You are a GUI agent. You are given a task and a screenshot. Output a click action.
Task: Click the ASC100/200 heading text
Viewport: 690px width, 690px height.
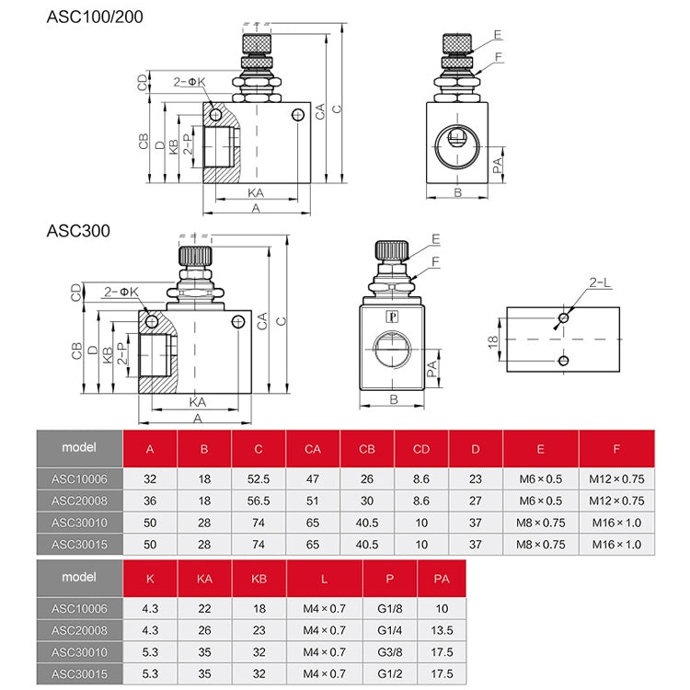[95, 17]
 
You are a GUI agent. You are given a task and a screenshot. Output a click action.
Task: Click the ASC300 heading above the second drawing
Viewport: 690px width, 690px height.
[78, 231]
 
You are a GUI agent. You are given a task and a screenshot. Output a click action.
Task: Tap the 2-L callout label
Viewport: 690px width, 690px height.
[600, 282]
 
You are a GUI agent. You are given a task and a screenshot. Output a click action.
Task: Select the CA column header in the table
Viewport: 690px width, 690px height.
[312, 449]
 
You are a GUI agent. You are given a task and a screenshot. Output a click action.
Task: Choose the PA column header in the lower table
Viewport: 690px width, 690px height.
[441, 579]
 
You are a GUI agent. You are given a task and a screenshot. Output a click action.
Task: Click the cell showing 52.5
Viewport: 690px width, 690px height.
[258, 478]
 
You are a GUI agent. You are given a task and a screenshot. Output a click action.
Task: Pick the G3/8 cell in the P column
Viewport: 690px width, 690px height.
[390, 652]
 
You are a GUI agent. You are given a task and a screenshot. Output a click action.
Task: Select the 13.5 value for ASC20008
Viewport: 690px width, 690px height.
[441, 630]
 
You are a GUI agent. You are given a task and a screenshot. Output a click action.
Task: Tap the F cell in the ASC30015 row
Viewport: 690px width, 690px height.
[616, 544]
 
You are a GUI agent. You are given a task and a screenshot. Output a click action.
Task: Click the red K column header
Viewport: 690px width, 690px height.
[150, 579]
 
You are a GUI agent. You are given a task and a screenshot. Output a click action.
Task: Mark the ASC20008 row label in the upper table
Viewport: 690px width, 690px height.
[79, 500]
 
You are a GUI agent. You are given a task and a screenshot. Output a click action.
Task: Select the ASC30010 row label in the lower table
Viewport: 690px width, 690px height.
[79, 652]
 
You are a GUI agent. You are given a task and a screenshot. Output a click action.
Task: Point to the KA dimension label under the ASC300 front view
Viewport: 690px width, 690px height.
[198, 402]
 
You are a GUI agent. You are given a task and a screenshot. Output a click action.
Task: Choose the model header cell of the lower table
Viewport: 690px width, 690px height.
[79, 579]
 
